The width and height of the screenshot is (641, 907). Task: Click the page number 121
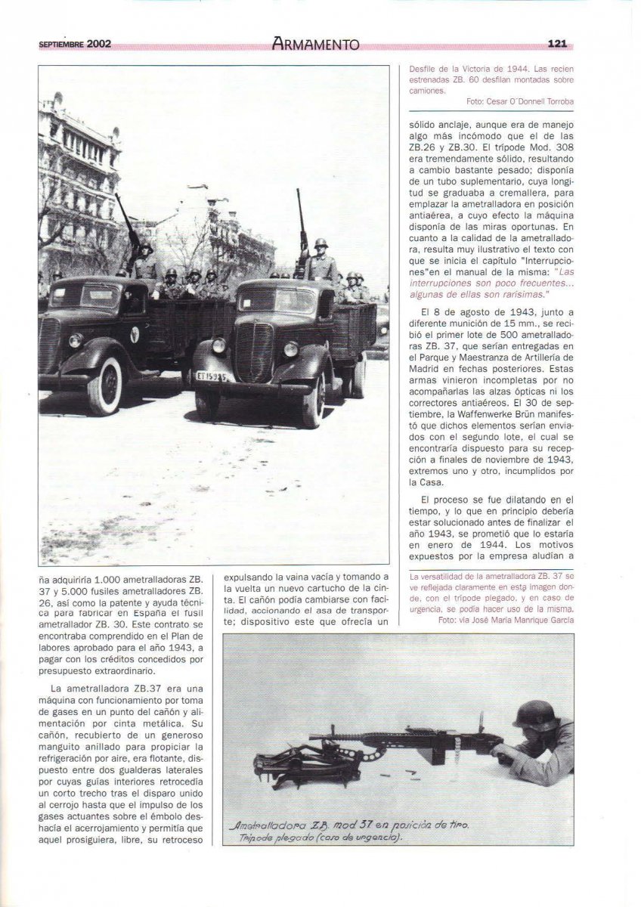click(x=556, y=44)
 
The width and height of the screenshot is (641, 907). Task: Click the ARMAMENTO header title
click(x=315, y=45)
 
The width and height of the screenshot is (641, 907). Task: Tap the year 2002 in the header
click(x=98, y=44)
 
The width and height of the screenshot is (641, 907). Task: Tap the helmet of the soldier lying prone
click(x=536, y=714)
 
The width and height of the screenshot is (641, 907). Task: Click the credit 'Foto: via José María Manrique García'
click(x=505, y=620)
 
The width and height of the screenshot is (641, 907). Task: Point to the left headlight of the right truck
click(x=219, y=345)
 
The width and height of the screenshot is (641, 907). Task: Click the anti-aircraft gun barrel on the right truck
click(x=302, y=215)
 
